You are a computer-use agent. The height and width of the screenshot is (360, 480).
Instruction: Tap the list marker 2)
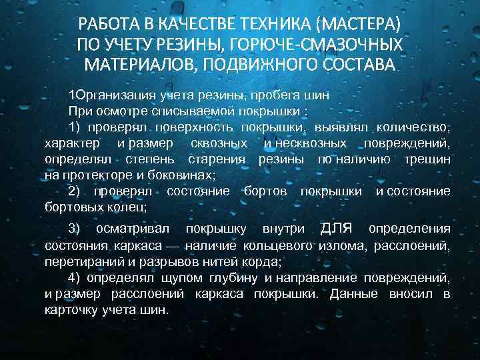(x=75, y=191)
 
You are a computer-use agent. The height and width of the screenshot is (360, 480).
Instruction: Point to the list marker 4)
(x=75, y=277)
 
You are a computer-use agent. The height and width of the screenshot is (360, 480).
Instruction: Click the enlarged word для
(x=340, y=229)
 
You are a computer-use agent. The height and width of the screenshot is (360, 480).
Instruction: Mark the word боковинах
(x=183, y=175)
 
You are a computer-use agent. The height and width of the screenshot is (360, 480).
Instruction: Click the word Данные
(x=353, y=294)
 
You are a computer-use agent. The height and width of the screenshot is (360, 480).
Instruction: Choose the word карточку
(x=73, y=310)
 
